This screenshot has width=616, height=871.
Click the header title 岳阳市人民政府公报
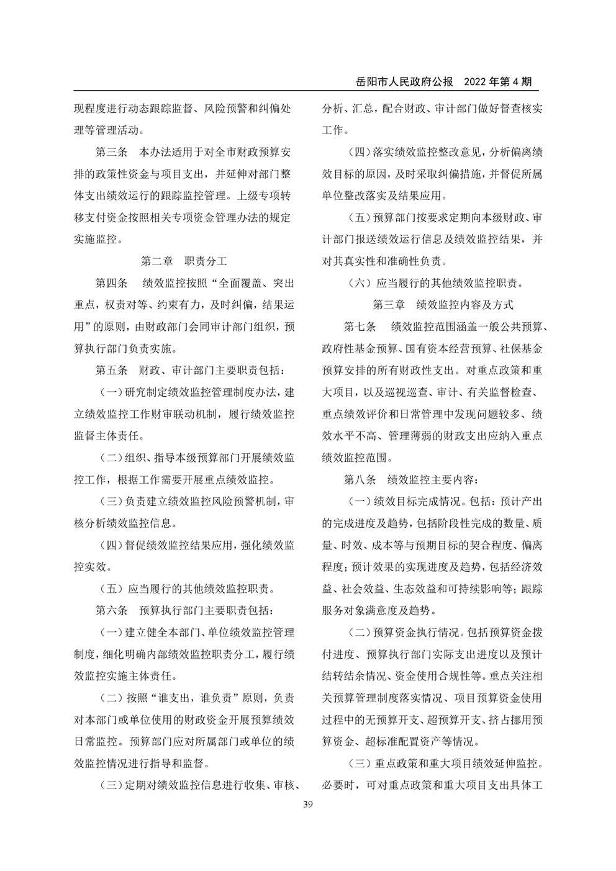tap(405, 82)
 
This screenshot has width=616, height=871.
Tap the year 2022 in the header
tap(477, 82)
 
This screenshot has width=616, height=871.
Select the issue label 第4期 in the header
tap(514, 82)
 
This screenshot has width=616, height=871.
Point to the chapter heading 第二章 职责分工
tap(184, 261)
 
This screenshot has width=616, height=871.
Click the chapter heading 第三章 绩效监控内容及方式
tap(443, 305)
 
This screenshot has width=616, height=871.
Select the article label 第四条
tap(111, 283)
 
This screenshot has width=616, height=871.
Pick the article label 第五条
tap(111, 370)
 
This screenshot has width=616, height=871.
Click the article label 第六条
tap(111, 609)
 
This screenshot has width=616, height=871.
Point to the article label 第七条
tap(360, 327)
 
